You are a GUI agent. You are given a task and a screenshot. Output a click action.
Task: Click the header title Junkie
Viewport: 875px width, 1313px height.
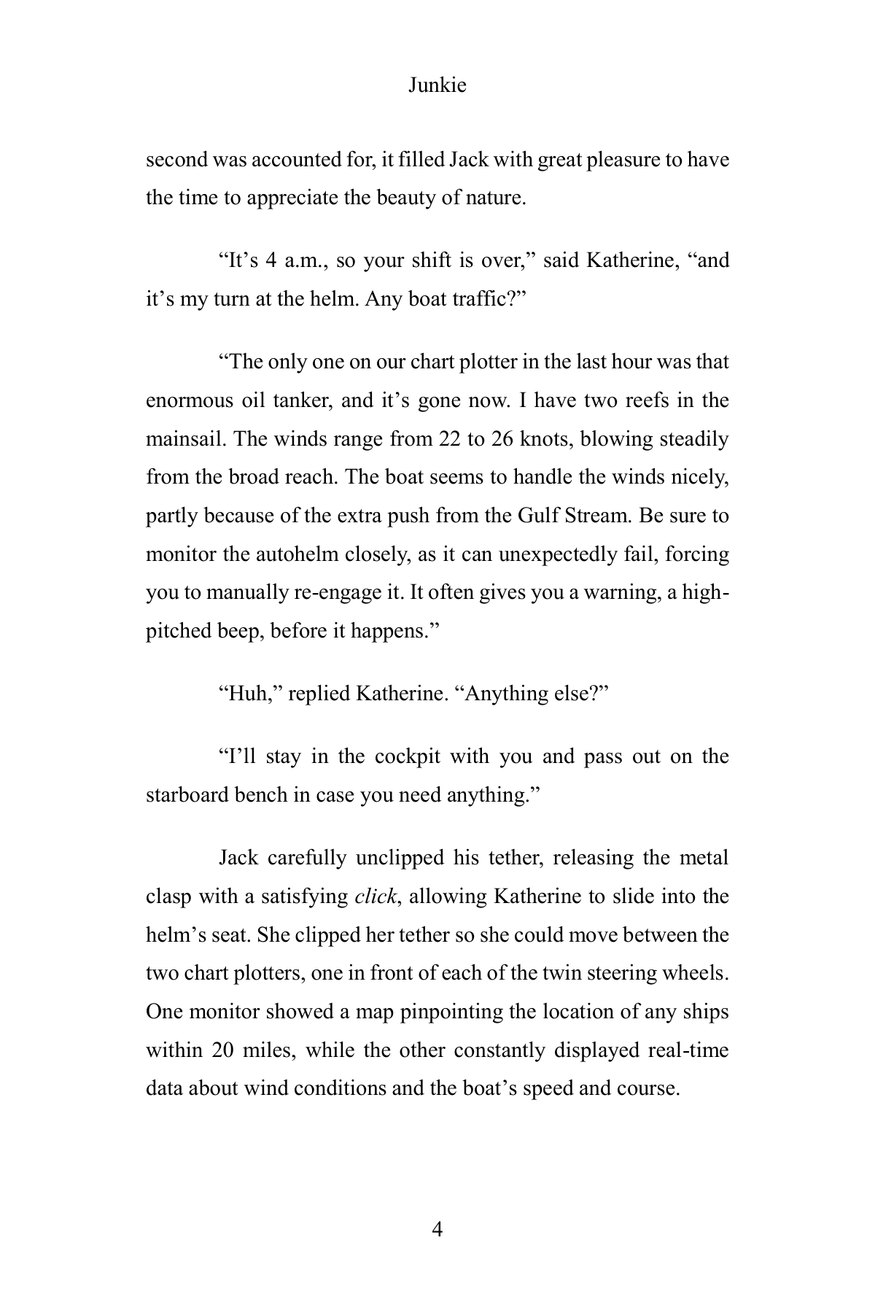[x=437, y=85]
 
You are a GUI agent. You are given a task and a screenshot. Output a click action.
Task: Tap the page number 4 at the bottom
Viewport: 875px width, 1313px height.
[x=437, y=1229]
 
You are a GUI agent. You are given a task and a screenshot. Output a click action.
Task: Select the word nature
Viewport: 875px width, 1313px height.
[x=495, y=198]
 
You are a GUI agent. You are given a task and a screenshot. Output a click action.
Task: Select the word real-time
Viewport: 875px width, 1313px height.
[x=688, y=1050]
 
